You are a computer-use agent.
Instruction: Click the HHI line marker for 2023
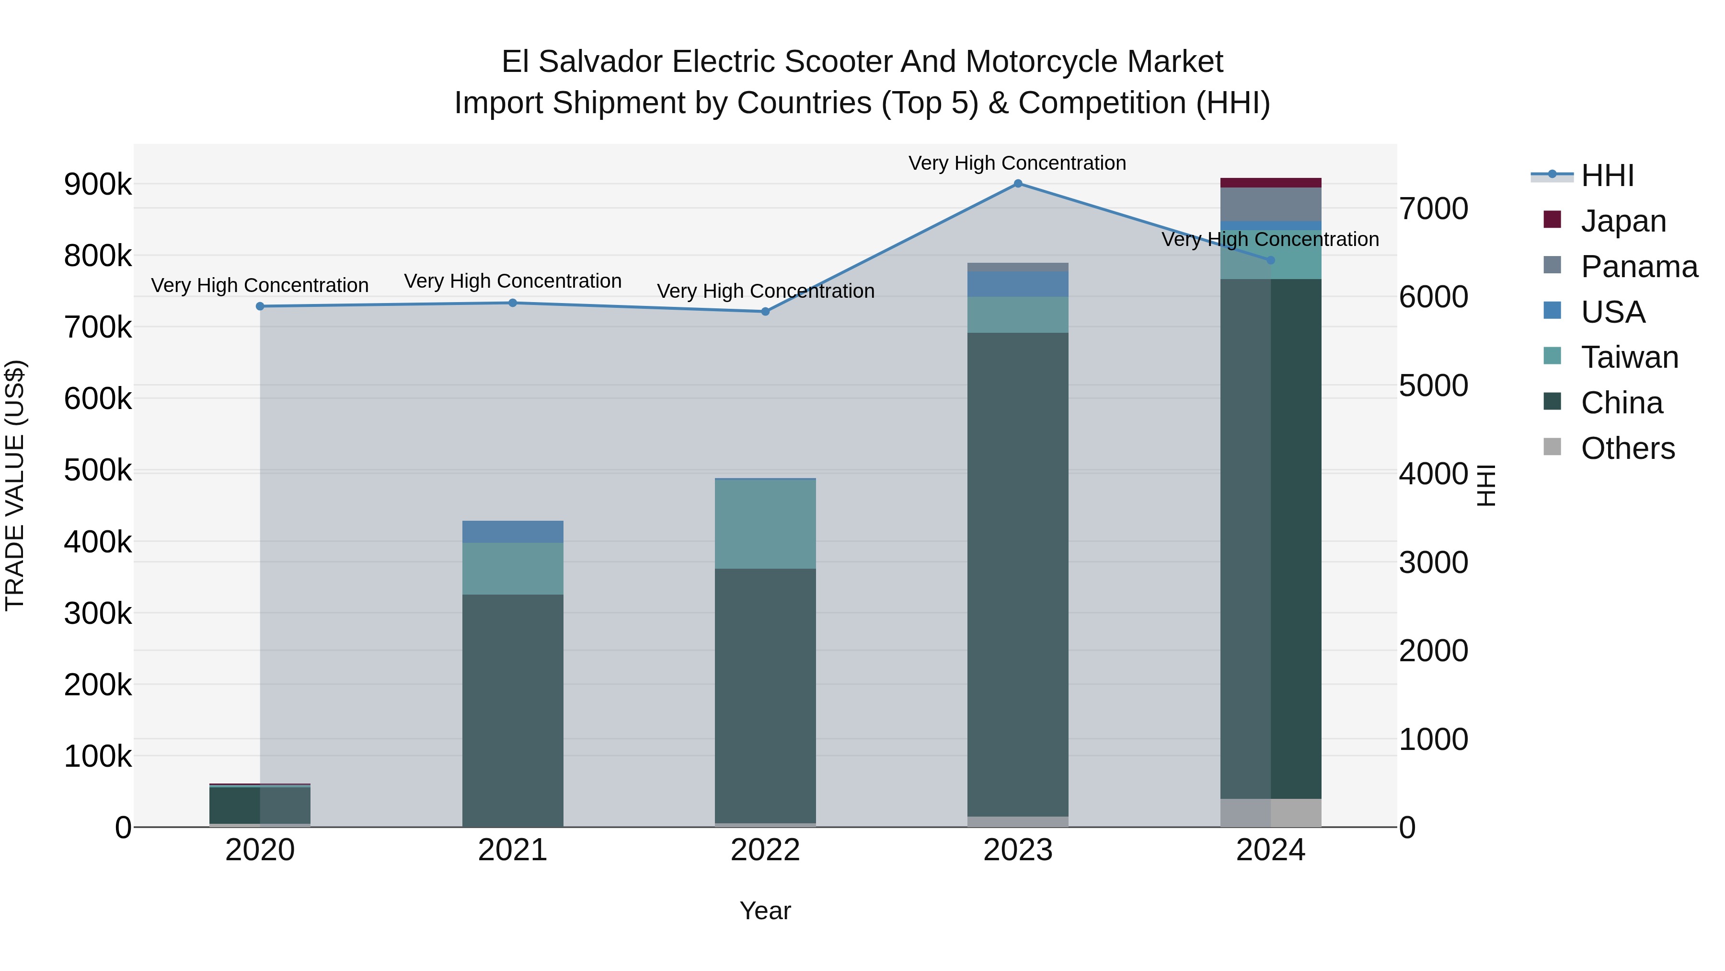(x=1018, y=184)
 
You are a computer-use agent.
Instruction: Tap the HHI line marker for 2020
(x=260, y=306)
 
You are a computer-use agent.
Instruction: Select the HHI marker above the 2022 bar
(x=765, y=312)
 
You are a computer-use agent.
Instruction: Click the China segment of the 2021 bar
(x=513, y=710)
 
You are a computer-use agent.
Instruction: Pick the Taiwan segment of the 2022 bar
(x=765, y=524)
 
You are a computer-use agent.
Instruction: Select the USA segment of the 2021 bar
(x=513, y=531)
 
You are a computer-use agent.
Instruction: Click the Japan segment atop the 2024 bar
(x=1270, y=183)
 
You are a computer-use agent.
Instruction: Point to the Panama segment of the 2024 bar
(x=1270, y=204)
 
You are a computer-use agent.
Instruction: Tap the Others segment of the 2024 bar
(x=1270, y=812)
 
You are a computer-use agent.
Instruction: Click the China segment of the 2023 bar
(x=1018, y=574)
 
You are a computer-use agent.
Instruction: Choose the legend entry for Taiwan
(x=1629, y=357)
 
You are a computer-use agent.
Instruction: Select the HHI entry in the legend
(x=1607, y=175)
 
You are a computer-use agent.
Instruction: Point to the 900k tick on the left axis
(x=98, y=184)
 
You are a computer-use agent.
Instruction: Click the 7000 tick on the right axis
(x=1434, y=209)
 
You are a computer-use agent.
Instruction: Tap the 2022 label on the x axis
(x=765, y=850)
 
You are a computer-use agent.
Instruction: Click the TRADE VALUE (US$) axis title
(x=15, y=485)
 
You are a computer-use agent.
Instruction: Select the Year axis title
(x=765, y=911)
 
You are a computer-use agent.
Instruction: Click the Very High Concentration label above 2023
(x=1017, y=163)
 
